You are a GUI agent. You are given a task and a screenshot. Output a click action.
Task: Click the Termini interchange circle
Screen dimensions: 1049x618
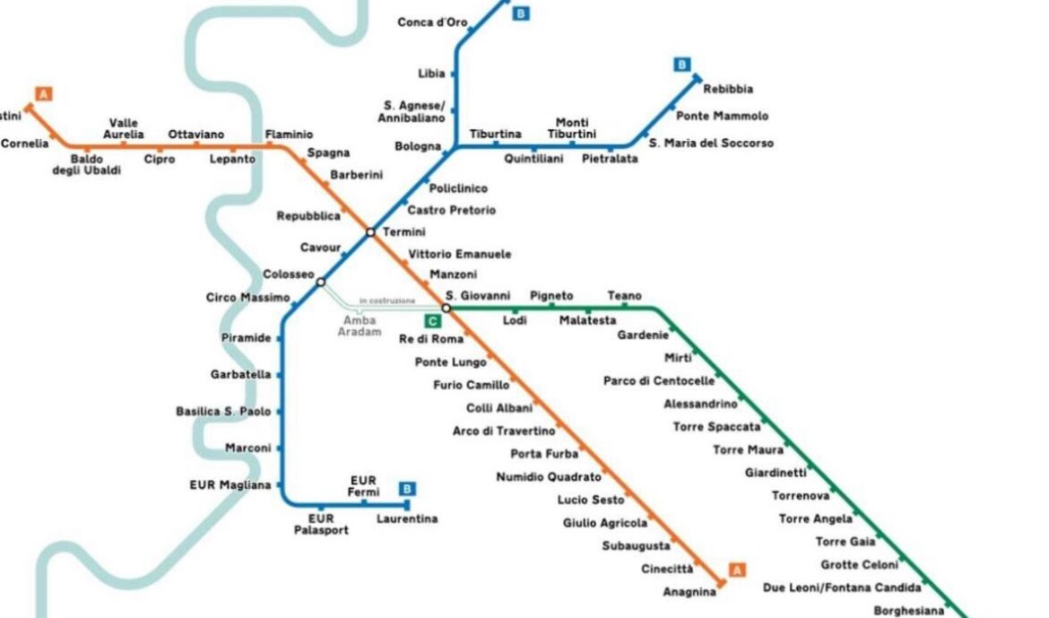(370, 232)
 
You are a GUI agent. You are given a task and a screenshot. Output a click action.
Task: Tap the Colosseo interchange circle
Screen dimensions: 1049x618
(320, 282)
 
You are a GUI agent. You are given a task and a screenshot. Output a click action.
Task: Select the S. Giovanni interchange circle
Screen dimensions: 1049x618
(446, 308)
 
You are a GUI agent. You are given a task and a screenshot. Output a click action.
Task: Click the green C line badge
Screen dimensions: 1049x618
(433, 321)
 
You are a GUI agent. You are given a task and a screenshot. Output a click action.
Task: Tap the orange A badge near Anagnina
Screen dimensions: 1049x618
(737, 570)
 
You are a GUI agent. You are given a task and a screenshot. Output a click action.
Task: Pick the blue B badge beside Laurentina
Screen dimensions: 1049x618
(407, 489)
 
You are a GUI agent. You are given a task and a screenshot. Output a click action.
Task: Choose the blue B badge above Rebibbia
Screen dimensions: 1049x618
(681, 65)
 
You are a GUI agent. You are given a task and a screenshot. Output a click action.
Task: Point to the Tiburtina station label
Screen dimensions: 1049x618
(495, 134)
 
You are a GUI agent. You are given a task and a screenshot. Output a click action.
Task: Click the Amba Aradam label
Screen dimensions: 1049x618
(360, 326)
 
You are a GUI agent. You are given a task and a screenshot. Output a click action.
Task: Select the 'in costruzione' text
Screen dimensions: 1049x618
(387, 301)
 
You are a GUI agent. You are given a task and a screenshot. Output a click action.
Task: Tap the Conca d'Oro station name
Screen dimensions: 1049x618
(432, 22)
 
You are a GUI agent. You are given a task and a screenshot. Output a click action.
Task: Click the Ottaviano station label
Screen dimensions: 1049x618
(196, 135)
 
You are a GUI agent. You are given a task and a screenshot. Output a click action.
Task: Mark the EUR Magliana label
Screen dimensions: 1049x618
(230, 484)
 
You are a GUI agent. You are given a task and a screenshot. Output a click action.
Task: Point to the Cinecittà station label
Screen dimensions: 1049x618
(667, 570)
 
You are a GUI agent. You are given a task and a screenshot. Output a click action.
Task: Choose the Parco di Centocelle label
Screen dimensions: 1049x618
(659, 381)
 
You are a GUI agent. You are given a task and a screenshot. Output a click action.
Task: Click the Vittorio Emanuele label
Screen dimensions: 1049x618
(460, 255)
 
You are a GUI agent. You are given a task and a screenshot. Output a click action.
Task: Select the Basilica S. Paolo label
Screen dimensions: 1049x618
(223, 411)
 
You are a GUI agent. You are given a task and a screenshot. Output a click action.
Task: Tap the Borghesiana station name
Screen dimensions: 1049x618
(908, 611)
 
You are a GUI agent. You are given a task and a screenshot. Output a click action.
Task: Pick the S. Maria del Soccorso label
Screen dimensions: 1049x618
(711, 144)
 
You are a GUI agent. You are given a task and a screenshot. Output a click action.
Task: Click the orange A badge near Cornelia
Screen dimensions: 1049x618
(44, 94)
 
